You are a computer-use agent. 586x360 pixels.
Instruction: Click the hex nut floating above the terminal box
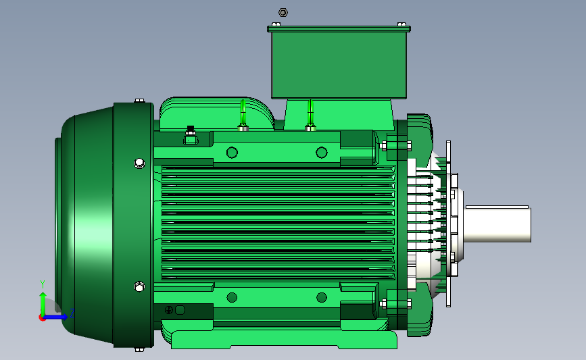pyautogui.click(x=283, y=13)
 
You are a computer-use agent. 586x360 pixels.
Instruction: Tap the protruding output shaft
pyautogui.click(x=497, y=224)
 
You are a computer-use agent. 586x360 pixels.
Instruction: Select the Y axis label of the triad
pyautogui.click(x=43, y=284)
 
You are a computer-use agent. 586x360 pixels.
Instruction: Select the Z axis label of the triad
pyautogui.click(x=72, y=313)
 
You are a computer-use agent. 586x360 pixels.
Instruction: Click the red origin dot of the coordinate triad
pyautogui.click(x=42, y=318)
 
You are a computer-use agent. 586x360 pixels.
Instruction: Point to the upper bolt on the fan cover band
pyautogui.click(x=139, y=163)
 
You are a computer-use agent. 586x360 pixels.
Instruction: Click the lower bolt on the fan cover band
pyautogui.click(x=139, y=287)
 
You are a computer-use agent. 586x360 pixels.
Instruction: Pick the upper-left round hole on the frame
pyautogui.click(x=232, y=153)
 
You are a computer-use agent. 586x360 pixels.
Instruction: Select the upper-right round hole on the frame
pyautogui.click(x=322, y=153)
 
